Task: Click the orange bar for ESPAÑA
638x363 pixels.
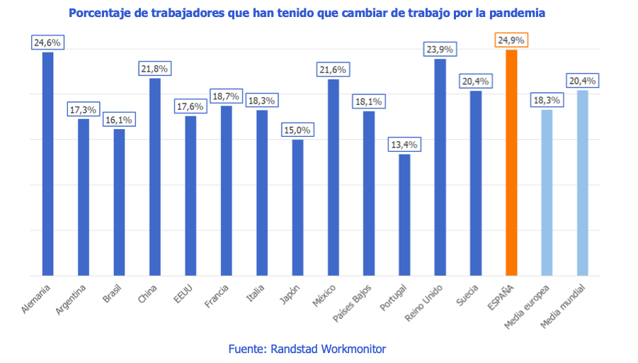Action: click(x=511, y=163)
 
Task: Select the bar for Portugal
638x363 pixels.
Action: click(x=404, y=215)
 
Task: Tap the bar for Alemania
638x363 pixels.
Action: click(x=48, y=164)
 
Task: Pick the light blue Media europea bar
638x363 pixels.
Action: click(x=547, y=192)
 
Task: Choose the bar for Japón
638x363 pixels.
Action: click(x=297, y=208)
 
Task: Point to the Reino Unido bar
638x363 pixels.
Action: click(x=440, y=167)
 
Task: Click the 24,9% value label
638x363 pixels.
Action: click(x=511, y=40)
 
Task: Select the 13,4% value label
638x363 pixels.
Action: click(x=404, y=145)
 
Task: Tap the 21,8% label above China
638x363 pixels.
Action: click(x=155, y=69)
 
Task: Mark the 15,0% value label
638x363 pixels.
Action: click(x=297, y=130)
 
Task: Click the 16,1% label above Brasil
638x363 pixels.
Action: click(x=120, y=120)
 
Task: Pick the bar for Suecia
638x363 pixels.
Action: click(x=476, y=183)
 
